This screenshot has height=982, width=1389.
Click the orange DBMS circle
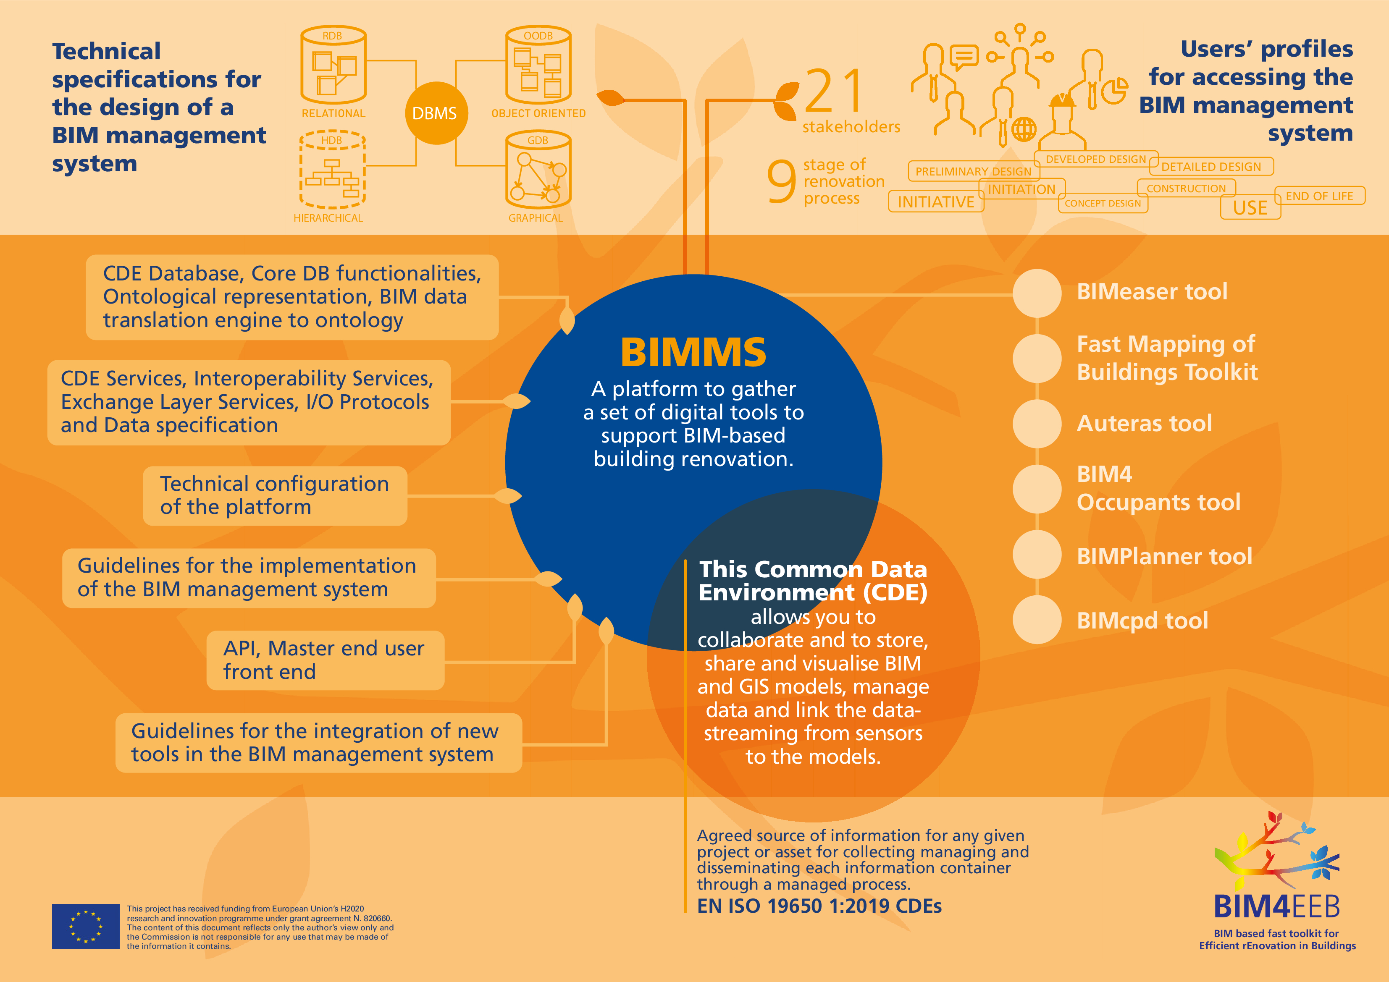pos(436,113)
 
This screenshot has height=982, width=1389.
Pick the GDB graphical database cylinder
pos(538,170)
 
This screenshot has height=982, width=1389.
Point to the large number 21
pos(835,92)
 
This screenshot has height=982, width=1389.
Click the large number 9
pos(781,181)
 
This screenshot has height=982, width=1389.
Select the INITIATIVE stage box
pos(935,202)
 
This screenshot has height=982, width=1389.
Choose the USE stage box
pos(1250,208)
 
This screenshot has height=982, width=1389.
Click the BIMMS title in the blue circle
pos(693,353)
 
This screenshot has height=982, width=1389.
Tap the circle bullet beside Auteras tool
pos(1037,423)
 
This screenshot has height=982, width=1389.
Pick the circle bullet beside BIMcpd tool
pos(1037,620)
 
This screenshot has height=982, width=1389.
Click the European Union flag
pos(85,926)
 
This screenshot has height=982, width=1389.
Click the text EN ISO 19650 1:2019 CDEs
pos(819,906)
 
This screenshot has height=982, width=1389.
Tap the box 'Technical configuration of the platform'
pos(275,495)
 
